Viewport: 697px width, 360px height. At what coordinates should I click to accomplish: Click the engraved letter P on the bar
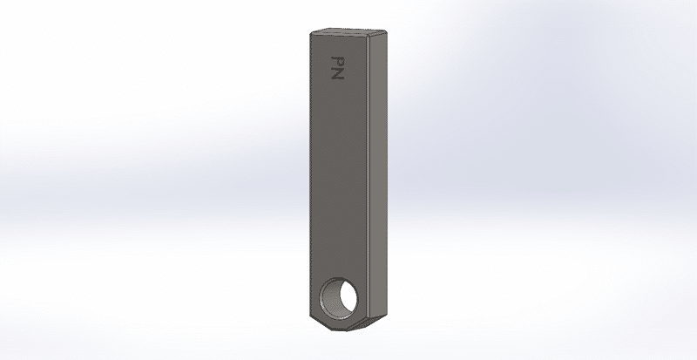coord(338,61)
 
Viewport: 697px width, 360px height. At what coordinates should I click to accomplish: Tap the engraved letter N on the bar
coord(338,74)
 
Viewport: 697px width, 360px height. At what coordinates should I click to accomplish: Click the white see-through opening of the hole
coord(348,298)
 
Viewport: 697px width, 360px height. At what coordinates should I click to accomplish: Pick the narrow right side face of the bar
coord(379,176)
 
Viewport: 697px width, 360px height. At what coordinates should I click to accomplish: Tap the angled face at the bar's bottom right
coord(368,323)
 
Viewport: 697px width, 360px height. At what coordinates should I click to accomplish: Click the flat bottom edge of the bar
coord(339,330)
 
